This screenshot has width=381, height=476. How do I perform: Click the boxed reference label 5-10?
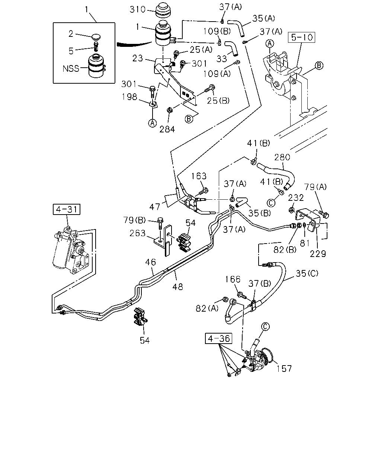coord(301,37)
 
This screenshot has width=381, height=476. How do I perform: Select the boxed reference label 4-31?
coord(67,209)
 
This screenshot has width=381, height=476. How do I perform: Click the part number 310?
coord(137,10)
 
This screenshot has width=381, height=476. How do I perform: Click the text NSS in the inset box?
coord(71,68)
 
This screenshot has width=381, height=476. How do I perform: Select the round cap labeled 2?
coord(96,37)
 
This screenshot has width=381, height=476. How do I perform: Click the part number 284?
coord(167,129)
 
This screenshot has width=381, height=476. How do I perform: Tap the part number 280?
coord(282,157)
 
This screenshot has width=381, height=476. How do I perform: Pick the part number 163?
coord(199,176)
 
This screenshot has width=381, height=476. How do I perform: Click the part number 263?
coord(137,233)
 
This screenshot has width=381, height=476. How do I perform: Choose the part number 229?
coord(318,254)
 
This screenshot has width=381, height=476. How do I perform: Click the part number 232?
coord(296,198)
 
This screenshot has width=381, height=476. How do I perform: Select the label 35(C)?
coord(307,274)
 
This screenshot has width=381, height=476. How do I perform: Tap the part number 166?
coord(233,279)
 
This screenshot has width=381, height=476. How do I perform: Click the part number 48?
coord(177,287)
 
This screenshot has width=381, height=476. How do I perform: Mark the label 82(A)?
coord(207,308)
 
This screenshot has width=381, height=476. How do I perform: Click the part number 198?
coord(129,97)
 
